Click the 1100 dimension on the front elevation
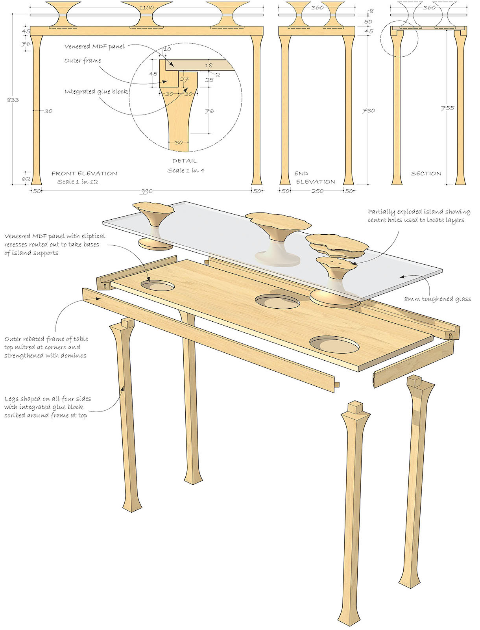point(146,7)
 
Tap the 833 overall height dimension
point(13,100)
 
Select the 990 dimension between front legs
point(146,191)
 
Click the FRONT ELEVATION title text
point(84,173)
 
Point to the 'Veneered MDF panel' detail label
point(94,46)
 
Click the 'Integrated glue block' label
point(96,91)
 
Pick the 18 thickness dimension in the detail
point(209,65)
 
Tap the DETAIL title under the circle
point(185,161)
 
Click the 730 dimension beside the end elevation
point(368,111)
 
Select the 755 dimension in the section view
point(447,108)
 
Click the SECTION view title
point(426,173)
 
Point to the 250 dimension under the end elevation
point(317,191)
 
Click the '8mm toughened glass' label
point(438,299)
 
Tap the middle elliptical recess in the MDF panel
point(277,302)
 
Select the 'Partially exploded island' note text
point(419,216)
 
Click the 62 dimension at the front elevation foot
point(26,178)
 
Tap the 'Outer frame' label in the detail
point(83,60)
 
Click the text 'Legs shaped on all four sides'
point(48,398)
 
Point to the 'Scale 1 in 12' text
point(78,182)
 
